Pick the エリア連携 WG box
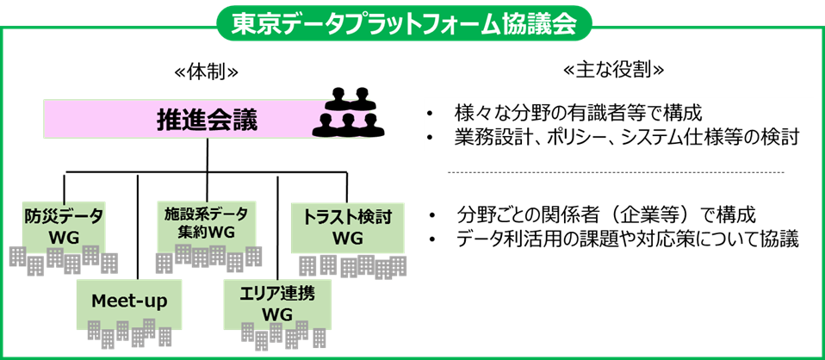tap(276, 301)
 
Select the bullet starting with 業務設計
tap(628, 137)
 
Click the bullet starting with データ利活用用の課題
tap(628, 238)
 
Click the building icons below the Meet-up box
tap(130, 332)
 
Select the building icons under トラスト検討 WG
tap(352, 266)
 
